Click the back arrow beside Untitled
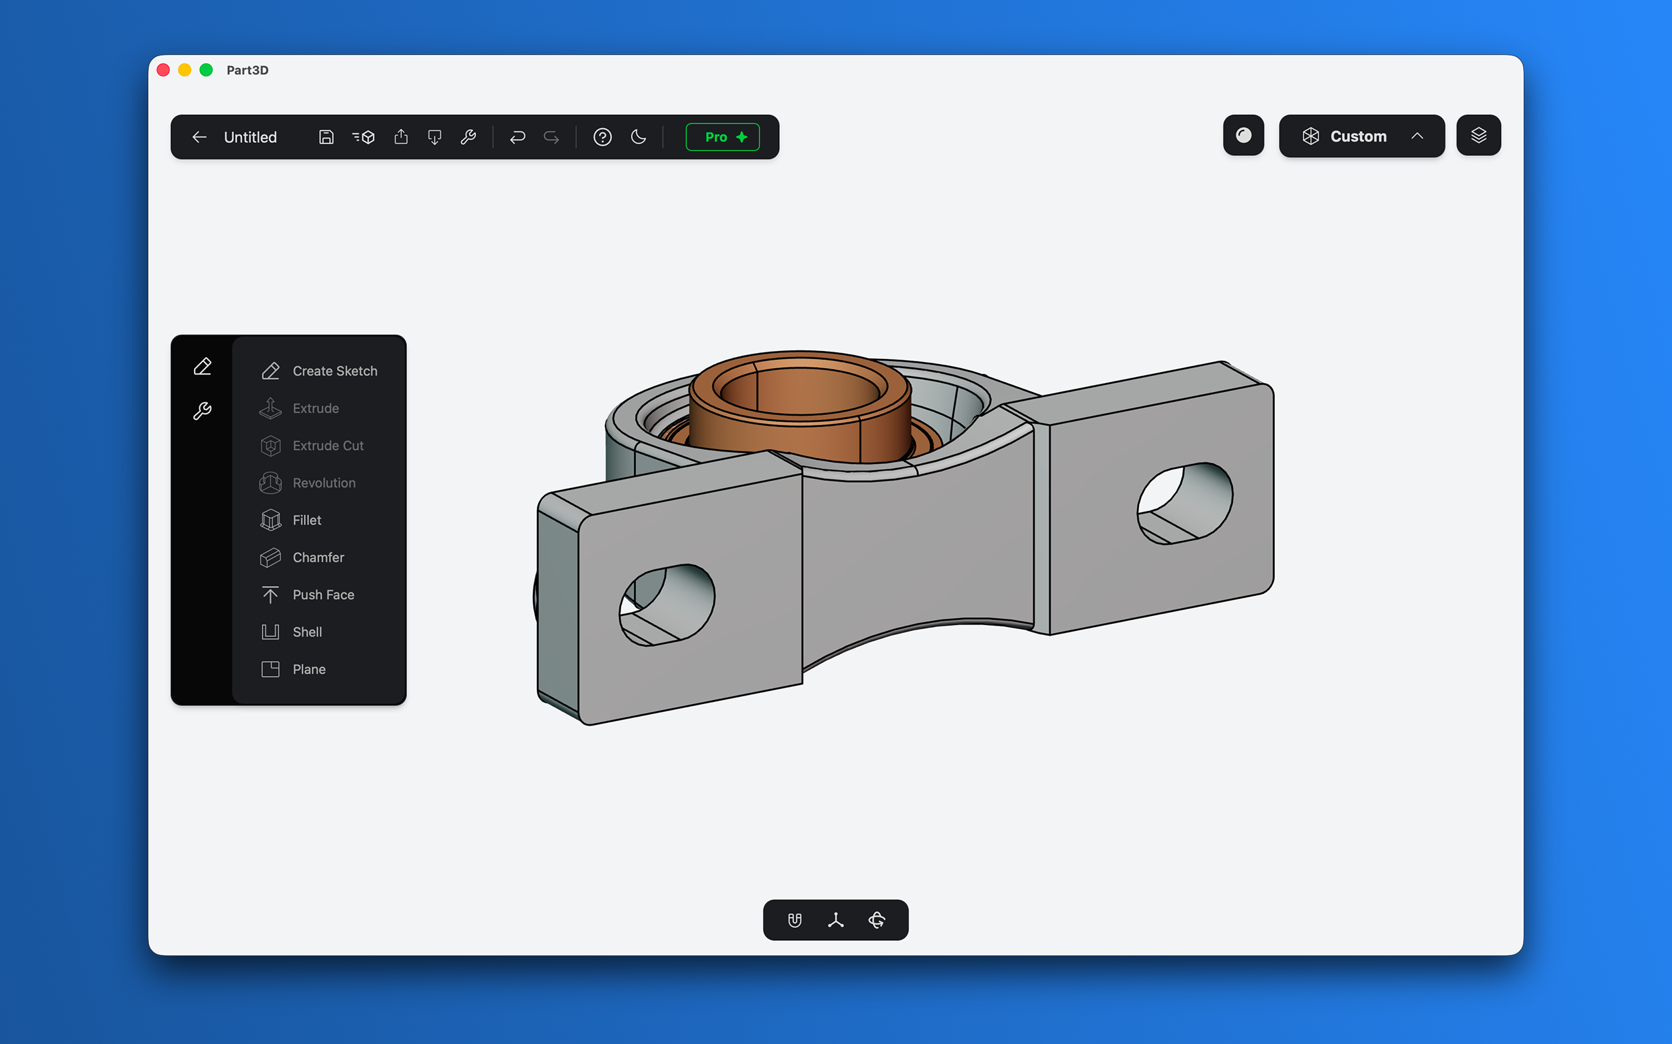pyautogui.click(x=200, y=137)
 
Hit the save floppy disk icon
pyautogui.click(x=326, y=137)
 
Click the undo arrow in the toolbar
pyautogui.click(x=517, y=137)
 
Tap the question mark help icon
pyautogui.click(x=602, y=137)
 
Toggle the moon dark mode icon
pyautogui.click(x=638, y=137)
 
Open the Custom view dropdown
pyautogui.click(x=1361, y=136)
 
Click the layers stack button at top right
pyautogui.click(x=1478, y=135)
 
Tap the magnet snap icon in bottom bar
pyautogui.click(x=795, y=920)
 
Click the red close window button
pyautogui.click(x=164, y=70)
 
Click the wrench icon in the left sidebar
pyautogui.click(x=202, y=411)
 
